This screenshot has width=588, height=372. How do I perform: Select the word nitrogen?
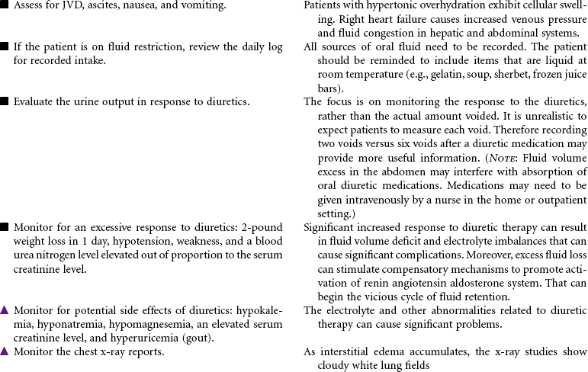59,255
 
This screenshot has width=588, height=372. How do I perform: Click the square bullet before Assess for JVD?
5,6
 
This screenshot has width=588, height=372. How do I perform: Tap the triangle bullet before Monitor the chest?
5,351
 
